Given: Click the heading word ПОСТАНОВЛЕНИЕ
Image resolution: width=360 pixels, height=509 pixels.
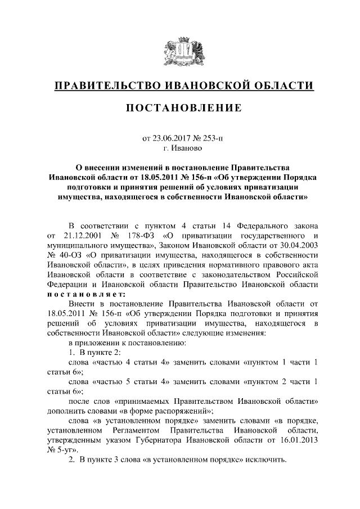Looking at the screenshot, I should point(180,107).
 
